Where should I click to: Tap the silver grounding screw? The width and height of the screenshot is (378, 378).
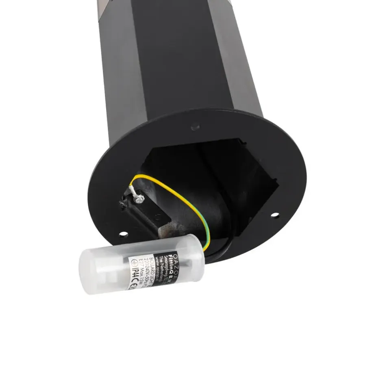(x=140, y=198)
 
